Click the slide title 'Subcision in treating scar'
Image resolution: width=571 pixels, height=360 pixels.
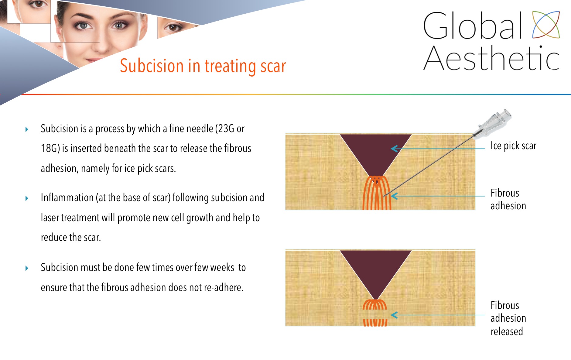click(x=203, y=66)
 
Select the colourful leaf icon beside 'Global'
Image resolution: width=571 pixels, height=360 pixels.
click(x=546, y=25)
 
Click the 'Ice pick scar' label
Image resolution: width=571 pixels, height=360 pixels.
click(x=513, y=146)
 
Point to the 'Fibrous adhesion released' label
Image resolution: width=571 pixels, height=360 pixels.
click(x=508, y=318)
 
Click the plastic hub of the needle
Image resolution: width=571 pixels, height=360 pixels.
click(x=494, y=122)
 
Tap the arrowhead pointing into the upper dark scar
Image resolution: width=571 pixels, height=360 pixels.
click(x=395, y=149)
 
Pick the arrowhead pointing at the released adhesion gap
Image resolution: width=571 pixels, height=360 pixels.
click(x=394, y=315)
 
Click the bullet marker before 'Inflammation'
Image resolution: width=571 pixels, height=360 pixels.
click(x=27, y=198)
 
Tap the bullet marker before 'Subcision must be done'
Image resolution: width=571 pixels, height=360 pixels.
click(x=27, y=268)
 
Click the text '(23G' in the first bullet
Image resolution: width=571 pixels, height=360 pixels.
click(x=224, y=129)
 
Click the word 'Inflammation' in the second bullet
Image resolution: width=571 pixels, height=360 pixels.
click(x=67, y=197)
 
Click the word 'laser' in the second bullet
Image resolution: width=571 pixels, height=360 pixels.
click(x=50, y=218)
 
